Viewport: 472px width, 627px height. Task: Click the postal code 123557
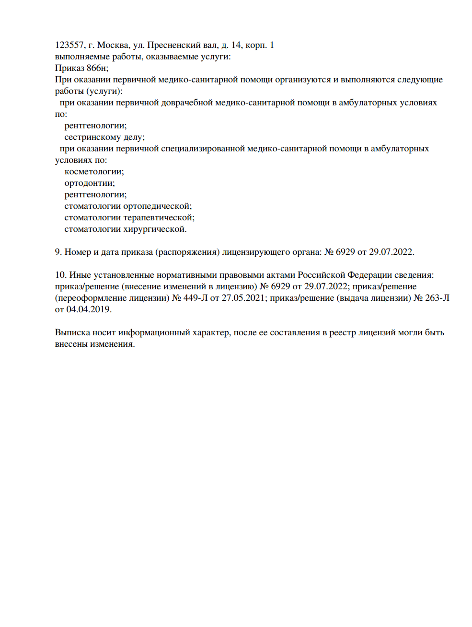[x=69, y=45]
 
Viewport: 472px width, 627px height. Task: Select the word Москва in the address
[x=113, y=45]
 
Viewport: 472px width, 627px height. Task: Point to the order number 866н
[x=97, y=68]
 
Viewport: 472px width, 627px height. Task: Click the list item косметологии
[x=94, y=171]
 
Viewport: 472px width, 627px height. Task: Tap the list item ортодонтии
[x=90, y=183]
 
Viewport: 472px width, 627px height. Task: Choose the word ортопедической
[x=158, y=206]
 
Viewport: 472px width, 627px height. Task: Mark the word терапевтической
[x=159, y=217]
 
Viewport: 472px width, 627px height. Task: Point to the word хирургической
[x=155, y=229]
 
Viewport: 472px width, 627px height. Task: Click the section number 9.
[x=58, y=252]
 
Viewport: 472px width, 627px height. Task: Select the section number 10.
[x=60, y=275]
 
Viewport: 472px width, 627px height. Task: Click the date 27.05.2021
[x=243, y=298]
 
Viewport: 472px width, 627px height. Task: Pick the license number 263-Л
[x=437, y=298]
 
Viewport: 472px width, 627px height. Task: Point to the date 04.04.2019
[x=89, y=309]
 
